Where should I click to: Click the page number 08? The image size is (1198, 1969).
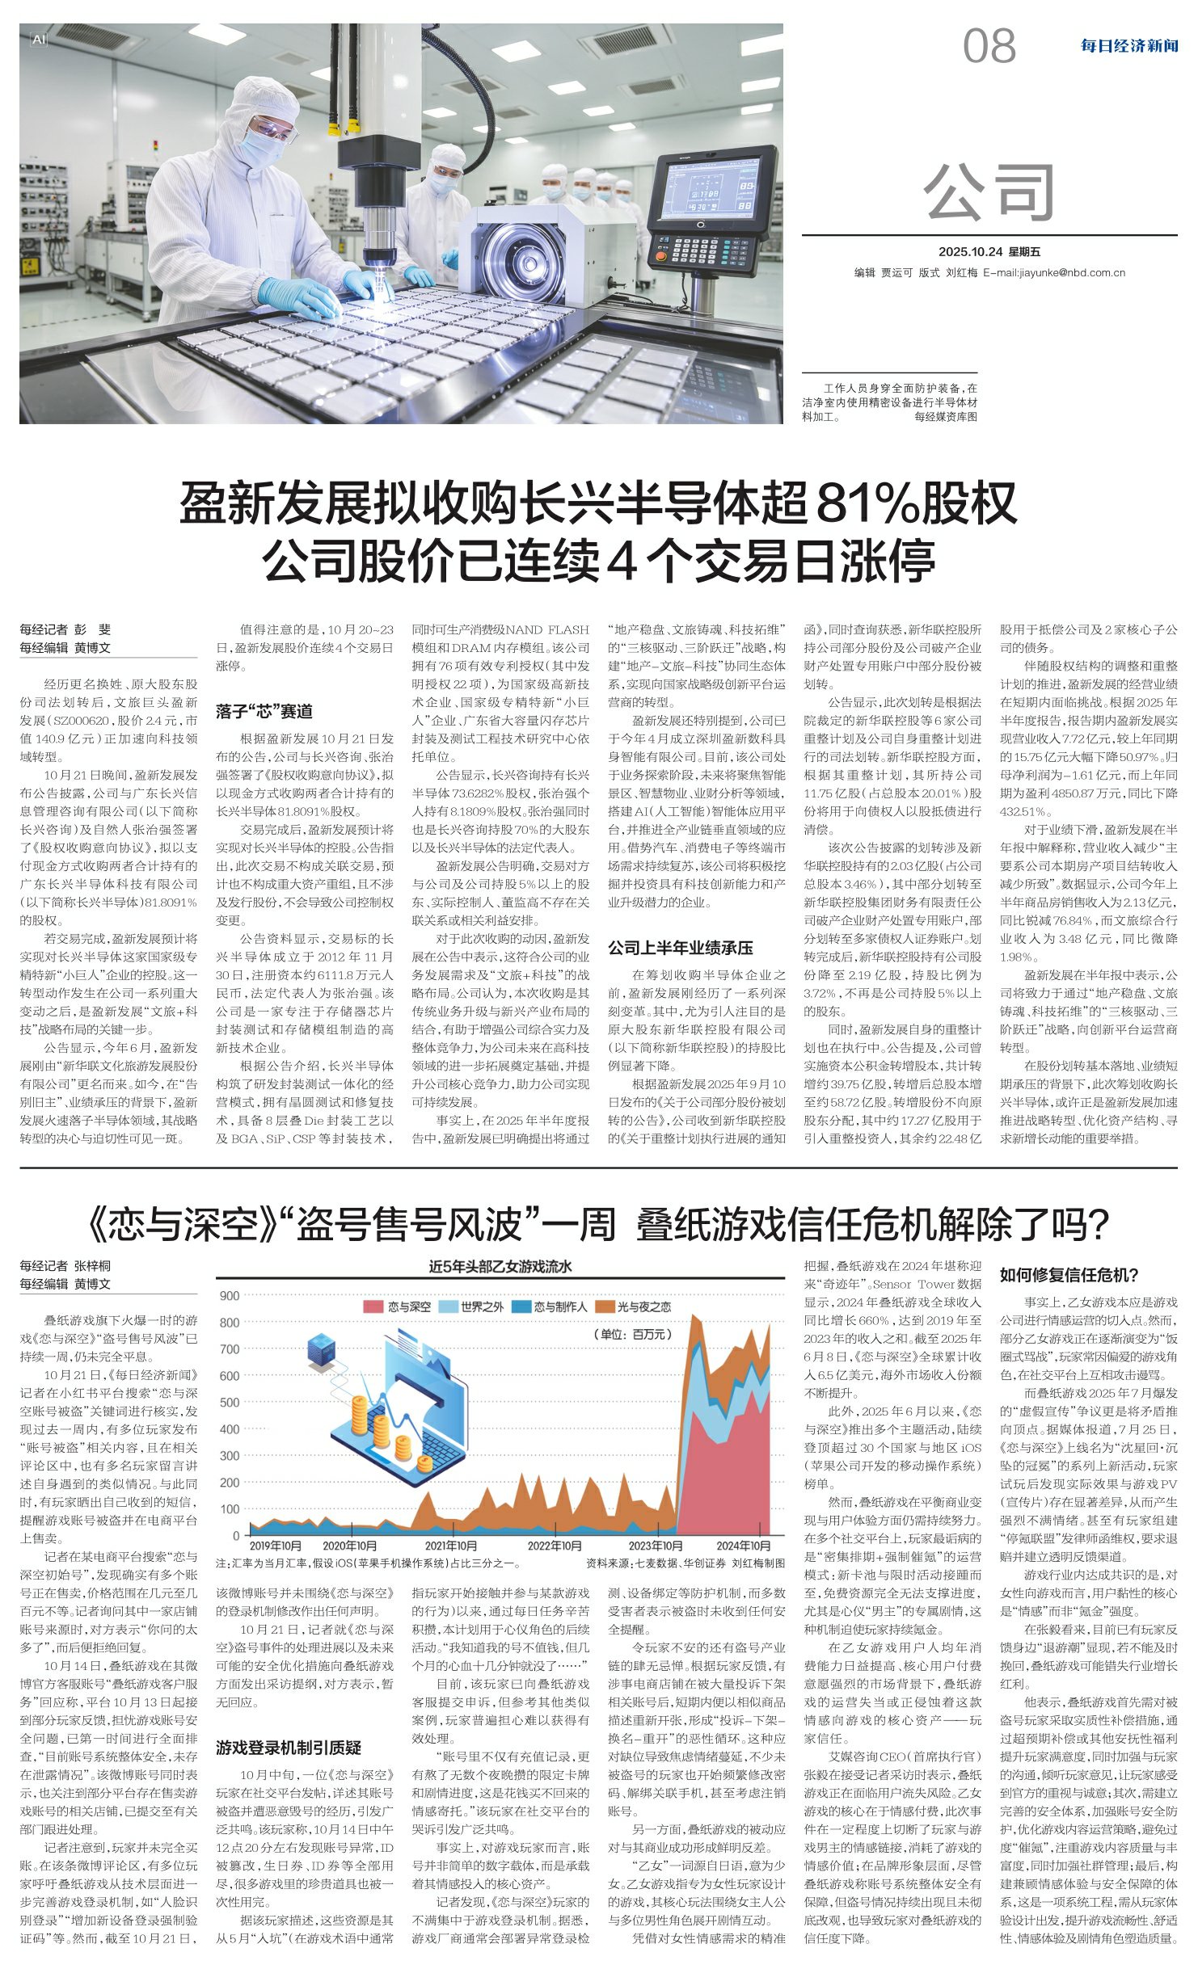click(989, 46)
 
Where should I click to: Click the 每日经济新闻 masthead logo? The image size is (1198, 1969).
click(1128, 46)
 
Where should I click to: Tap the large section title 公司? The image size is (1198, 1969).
click(989, 192)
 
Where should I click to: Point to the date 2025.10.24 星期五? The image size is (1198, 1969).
click(989, 252)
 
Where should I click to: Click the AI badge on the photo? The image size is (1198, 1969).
click(38, 39)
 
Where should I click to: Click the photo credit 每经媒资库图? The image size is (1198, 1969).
click(945, 417)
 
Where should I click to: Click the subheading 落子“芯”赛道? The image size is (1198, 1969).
click(264, 712)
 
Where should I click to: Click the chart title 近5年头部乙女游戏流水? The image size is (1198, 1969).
click(500, 1267)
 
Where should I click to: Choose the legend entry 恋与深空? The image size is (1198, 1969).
click(400, 1306)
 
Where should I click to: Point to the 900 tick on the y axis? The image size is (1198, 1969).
click(230, 1296)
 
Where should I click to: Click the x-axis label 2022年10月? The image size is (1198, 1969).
click(555, 1546)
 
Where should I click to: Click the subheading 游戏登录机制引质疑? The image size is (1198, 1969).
click(288, 1748)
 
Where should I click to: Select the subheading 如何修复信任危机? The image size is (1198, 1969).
click(1069, 1275)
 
